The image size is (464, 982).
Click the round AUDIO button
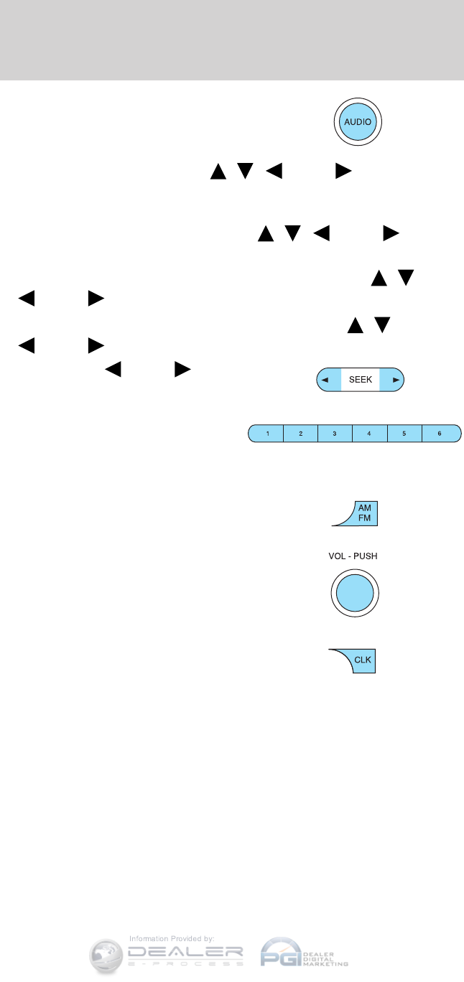pyautogui.click(x=358, y=122)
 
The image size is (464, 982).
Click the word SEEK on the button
pyautogui.click(x=361, y=380)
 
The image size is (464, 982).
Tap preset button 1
pyautogui.click(x=267, y=434)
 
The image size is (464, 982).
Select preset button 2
pyautogui.click(x=301, y=434)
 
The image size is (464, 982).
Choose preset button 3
pyautogui.click(x=335, y=434)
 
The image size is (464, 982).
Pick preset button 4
pyautogui.click(x=369, y=434)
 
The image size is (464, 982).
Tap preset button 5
pyautogui.click(x=404, y=434)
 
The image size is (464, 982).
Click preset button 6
pyautogui.click(x=439, y=434)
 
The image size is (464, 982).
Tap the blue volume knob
pyautogui.click(x=355, y=594)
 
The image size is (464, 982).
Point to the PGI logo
pyautogui.click(x=282, y=953)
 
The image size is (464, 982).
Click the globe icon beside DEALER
pyautogui.click(x=108, y=955)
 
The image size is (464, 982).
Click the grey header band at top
pyautogui.click(x=232, y=39)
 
